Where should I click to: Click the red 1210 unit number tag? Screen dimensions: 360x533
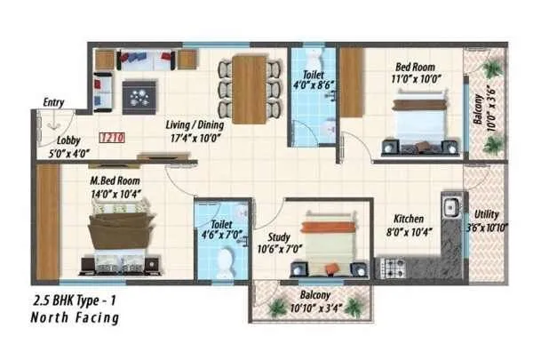(110, 138)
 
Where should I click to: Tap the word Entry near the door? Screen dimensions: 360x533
(52, 103)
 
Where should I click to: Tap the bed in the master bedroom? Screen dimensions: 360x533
(121, 233)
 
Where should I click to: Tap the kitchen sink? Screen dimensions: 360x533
(450, 208)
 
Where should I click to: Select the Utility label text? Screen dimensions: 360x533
(487, 214)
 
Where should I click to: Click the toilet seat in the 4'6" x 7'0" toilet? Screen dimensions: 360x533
(226, 261)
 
